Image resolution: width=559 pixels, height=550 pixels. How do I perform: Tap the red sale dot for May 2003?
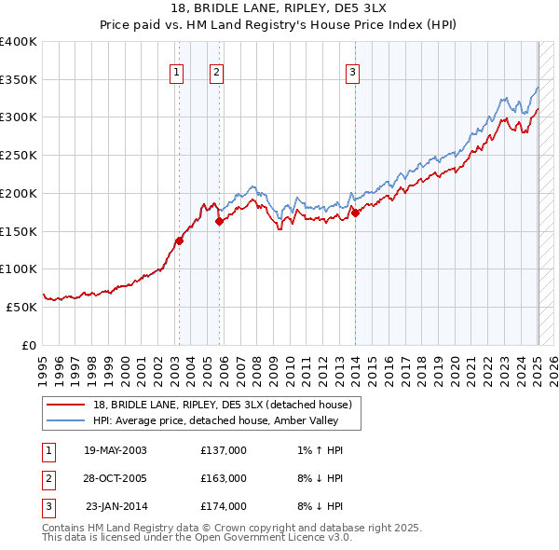(179, 241)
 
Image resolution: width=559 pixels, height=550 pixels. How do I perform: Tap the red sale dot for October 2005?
(220, 222)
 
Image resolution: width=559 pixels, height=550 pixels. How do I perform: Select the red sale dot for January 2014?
(355, 213)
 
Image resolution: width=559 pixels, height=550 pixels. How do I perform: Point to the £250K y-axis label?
(19, 156)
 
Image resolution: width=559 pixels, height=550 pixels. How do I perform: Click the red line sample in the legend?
(68, 405)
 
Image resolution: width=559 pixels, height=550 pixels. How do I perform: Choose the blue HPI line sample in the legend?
(68, 420)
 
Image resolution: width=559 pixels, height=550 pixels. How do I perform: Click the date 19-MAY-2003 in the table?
(115, 450)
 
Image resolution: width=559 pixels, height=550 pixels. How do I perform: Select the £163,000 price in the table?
(224, 478)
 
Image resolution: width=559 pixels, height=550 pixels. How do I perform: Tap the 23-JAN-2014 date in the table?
(116, 506)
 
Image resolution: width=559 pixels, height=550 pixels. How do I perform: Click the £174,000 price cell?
(224, 506)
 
